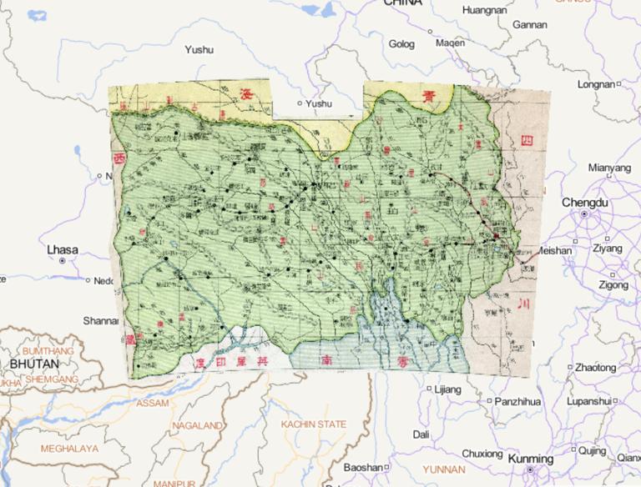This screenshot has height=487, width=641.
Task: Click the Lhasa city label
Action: (63, 249)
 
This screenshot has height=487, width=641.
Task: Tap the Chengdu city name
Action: (585, 203)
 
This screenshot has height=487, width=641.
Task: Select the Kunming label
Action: (530, 459)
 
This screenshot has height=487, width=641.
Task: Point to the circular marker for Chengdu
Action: (584, 215)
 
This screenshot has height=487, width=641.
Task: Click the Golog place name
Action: (401, 43)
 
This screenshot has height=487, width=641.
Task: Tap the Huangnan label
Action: (484, 11)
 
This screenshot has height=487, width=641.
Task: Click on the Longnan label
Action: (595, 84)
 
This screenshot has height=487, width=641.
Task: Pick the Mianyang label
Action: (609, 168)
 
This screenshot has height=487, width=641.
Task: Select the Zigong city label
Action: (612, 284)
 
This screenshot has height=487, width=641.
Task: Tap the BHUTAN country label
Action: (34, 364)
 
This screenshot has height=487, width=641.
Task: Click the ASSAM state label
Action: (151, 403)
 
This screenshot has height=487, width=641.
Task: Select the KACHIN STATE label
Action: (313, 424)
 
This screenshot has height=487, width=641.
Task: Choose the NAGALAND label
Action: (197, 425)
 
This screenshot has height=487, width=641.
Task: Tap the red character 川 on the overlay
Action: (523, 303)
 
